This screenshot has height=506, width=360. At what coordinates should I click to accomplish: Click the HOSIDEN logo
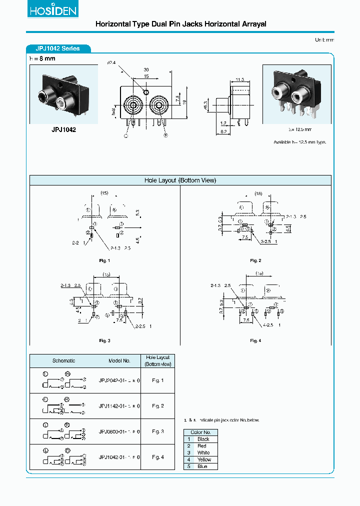pyautogui.click(x=52, y=10)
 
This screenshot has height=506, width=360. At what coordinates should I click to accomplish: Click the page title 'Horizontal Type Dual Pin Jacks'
pyautogui.click(x=180, y=24)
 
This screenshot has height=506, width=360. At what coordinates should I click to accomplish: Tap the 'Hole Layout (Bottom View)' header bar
pyautogui.click(x=180, y=180)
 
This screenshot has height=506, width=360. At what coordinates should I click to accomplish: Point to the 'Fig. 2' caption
pyautogui.click(x=255, y=260)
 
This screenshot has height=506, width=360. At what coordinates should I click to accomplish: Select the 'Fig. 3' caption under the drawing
pyautogui.click(x=104, y=340)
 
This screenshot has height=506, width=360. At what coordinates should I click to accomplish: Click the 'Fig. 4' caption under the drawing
pyautogui.click(x=255, y=340)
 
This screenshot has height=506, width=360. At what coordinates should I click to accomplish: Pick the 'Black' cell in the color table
pyautogui.click(x=203, y=439)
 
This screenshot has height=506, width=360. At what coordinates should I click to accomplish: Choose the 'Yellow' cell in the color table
pyautogui.click(x=204, y=459)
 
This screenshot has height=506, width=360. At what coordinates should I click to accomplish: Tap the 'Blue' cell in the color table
pyautogui.click(x=203, y=466)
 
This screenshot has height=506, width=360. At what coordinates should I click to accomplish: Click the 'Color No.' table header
pyautogui.click(x=200, y=432)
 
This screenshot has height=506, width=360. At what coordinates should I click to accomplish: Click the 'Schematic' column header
pyautogui.click(x=63, y=360)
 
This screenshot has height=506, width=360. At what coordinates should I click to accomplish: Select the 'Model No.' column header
pyautogui.click(x=119, y=360)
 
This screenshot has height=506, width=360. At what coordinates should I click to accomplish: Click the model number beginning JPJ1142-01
pyautogui.click(x=119, y=406)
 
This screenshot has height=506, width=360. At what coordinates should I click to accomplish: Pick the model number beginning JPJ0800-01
pyautogui.click(x=119, y=431)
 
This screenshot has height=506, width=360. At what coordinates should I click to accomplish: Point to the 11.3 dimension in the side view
pyautogui.click(x=239, y=79)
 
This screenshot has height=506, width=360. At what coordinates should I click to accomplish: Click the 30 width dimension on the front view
pyautogui.click(x=146, y=69)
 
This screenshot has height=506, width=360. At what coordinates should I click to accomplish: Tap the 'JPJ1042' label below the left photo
pyautogui.click(x=63, y=129)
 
